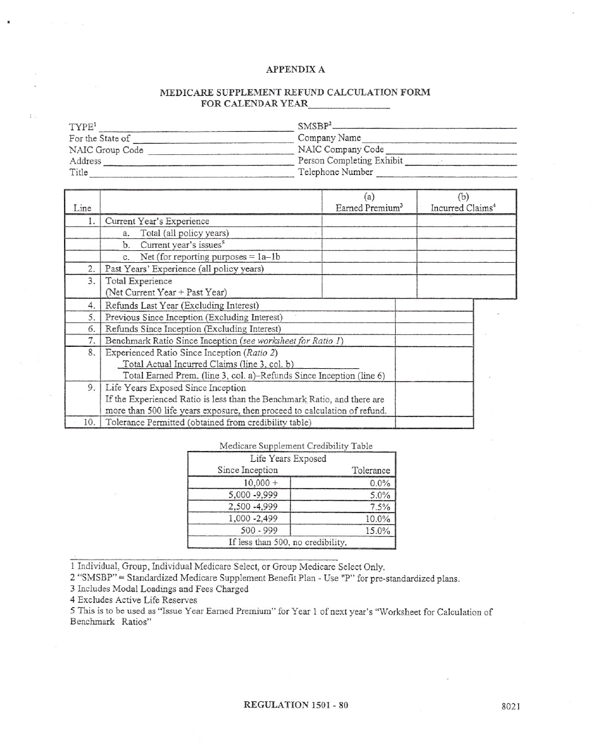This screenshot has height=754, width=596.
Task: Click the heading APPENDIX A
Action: coord(295,69)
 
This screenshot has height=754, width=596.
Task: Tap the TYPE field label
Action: coord(81,127)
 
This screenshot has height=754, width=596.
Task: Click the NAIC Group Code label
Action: coord(106,150)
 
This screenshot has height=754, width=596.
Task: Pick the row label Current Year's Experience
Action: coord(157,221)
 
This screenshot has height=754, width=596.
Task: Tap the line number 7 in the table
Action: coord(91,340)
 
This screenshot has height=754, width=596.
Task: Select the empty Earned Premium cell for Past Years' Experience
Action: coord(369,269)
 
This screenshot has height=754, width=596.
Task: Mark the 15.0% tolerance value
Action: coord(378,531)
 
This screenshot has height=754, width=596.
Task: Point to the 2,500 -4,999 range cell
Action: coord(253,507)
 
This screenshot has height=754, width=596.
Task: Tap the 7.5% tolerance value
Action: coord(380,507)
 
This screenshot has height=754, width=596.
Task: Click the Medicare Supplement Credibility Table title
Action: coord(295,446)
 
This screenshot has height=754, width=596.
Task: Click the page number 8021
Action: coord(511,706)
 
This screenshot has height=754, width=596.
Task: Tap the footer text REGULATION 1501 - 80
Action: coord(295,705)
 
